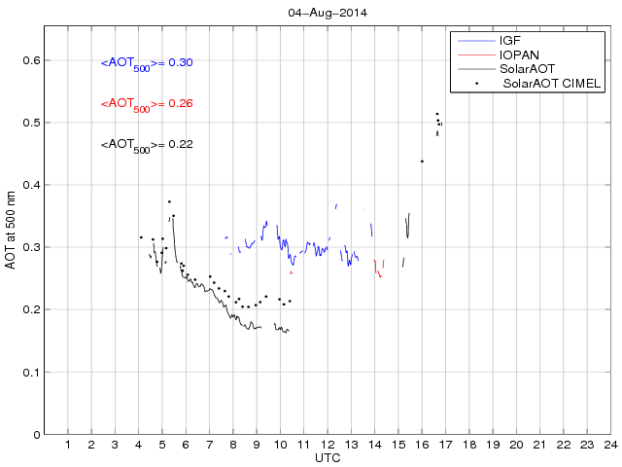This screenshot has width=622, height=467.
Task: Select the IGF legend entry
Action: click(x=510, y=41)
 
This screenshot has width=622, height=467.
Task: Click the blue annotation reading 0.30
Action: click(x=147, y=63)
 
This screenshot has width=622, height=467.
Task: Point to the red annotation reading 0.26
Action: click(x=147, y=104)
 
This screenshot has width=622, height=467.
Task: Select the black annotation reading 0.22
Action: click(x=147, y=145)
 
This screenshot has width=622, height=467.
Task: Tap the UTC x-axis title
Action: click(x=327, y=457)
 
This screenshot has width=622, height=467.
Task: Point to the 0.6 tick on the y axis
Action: click(x=30, y=60)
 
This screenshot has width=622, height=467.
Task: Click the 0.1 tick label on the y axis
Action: click(x=30, y=372)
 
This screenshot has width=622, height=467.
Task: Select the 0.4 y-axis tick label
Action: click(x=30, y=185)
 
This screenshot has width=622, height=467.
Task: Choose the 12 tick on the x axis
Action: click(x=328, y=445)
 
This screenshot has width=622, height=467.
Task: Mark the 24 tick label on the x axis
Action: click(x=610, y=445)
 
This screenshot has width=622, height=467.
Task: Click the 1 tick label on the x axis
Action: click(x=68, y=445)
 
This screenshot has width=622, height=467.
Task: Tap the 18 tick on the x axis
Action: click(x=468, y=445)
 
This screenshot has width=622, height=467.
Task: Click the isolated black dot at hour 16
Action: click(x=422, y=162)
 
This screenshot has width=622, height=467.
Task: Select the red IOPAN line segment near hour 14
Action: click(x=378, y=269)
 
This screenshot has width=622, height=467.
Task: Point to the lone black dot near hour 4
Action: click(x=141, y=237)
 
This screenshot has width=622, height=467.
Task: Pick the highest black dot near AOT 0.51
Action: click(x=437, y=114)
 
